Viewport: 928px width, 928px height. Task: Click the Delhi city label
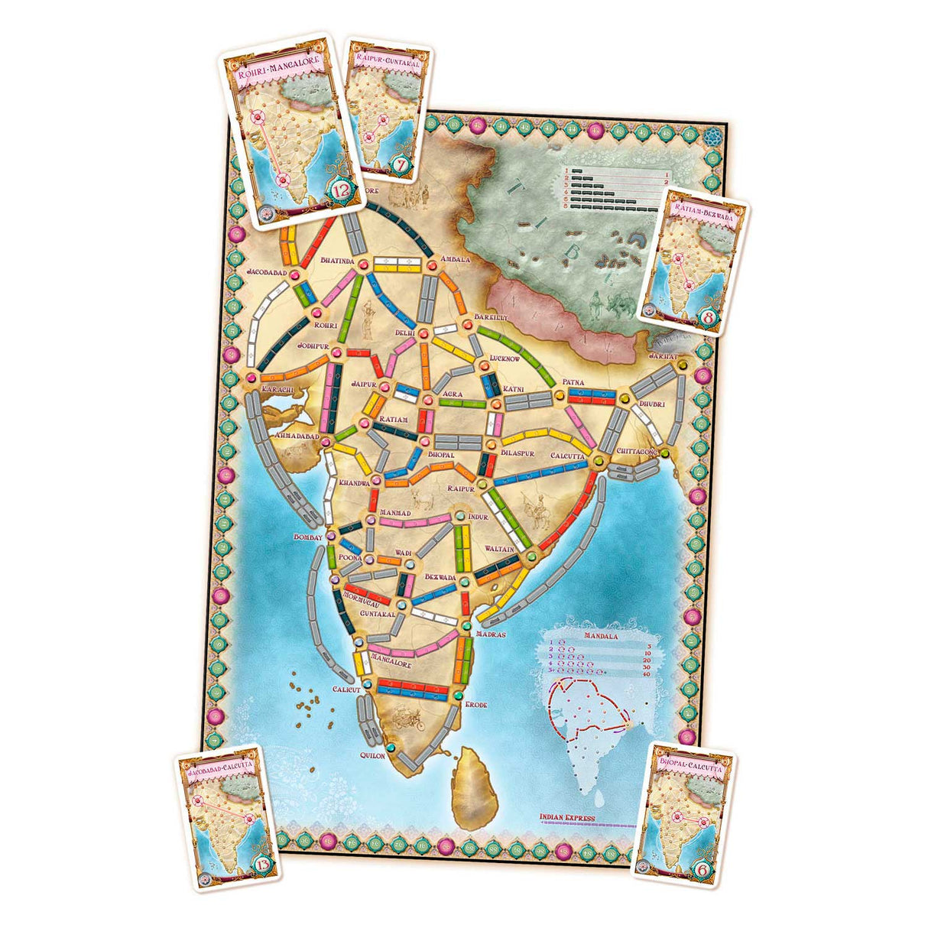[x=403, y=333]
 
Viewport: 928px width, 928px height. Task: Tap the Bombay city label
[x=308, y=537]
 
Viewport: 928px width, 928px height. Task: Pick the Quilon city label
[x=372, y=754]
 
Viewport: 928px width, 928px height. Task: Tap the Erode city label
[x=475, y=704]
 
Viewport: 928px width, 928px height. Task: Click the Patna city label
[x=573, y=381]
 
